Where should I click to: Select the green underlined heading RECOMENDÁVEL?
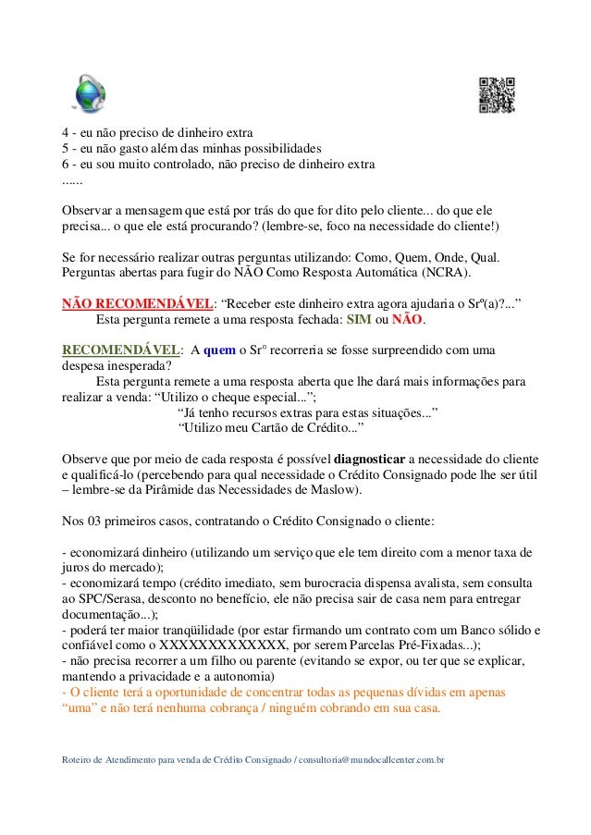[119, 350]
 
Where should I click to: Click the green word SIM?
[358, 319]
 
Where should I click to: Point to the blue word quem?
[221, 350]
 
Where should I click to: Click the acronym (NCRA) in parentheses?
[442, 273]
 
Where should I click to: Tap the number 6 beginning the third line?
[65, 164]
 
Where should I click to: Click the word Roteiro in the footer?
[77, 758]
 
